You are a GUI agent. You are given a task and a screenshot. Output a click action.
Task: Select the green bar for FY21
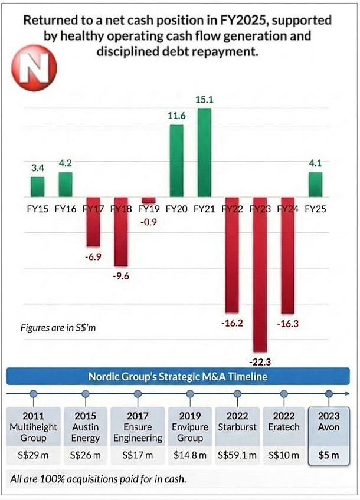click(x=204, y=153)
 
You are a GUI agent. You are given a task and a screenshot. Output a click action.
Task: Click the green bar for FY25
click(x=316, y=185)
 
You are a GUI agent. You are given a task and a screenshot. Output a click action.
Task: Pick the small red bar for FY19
click(x=148, y=200)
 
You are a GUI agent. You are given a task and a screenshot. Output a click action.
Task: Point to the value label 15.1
click(x=204, y=100)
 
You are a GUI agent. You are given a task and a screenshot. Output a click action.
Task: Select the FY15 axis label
click(x=38, y=209)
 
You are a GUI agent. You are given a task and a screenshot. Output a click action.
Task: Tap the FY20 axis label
click(x=176, y=209)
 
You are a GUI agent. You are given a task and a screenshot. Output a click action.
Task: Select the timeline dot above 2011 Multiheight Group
click(x=33, y=393)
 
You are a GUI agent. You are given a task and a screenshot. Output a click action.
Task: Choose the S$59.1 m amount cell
click(x=237, y=455)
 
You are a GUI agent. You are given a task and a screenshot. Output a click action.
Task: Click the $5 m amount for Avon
click(x=329, y=455)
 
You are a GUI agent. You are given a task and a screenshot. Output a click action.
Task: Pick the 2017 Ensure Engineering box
click(x=138, y=426)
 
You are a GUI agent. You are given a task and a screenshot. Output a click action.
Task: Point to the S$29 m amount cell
click(x=33, y=455)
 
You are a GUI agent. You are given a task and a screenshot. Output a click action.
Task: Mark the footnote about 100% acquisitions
click(x=97, y=479)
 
